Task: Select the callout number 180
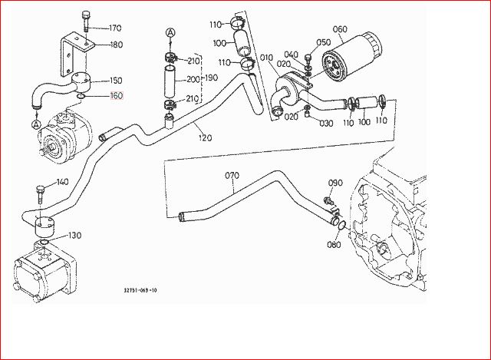pyautogui.click(x=116, y=45)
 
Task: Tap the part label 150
pyautogui.click(x=116, y=81)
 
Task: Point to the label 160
pyautogui.click(x=116, y=96)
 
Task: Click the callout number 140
pyautogui.click(x=62, y=182)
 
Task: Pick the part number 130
pyautogui.click(x=74, y=235)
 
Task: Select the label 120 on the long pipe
pyautogui.click(x=204, y=138)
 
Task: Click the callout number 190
pyautogui.click(x=210, y=78)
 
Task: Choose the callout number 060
pyautogui.click(x=338, y=29)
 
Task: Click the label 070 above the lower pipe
pyautogui.click(x=232, y=176)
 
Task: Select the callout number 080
pyautogui.click(x=333, y=245)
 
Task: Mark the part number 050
pyautogui.click(x=323, y=42)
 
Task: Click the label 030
pyautogui.click(x=326, y=123)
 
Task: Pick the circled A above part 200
pyautogui.click(x=170, y=33)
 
